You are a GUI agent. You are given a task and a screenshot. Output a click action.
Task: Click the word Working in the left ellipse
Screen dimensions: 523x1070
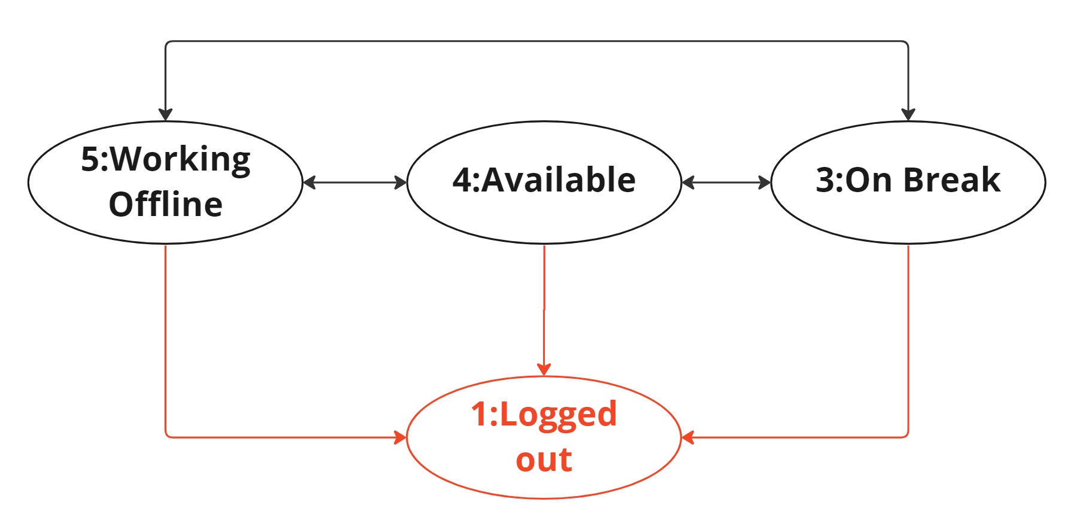[x=181, y=160]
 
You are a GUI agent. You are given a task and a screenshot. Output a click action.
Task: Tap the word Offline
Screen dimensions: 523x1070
[x=166, y=205]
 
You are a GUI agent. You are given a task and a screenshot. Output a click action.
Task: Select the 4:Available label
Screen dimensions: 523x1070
[x=544, y=180]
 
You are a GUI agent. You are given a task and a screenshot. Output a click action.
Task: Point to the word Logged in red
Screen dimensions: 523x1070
[x=558, y=415]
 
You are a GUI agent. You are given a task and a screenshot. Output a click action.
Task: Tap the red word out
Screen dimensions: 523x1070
[x=544, y=460]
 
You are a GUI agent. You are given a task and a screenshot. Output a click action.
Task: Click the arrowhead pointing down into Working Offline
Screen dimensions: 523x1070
[x=165, y=114]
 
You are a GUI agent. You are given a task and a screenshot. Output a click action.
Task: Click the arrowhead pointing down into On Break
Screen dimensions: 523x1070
[x=908, y=114]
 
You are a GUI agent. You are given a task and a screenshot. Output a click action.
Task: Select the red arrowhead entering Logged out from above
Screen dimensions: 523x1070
[x=544, y=369]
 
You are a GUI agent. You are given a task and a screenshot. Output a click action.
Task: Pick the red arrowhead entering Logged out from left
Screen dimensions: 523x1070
[x=400, y=437]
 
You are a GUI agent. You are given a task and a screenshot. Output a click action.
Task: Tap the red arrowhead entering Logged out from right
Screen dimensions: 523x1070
[x=688, y=437]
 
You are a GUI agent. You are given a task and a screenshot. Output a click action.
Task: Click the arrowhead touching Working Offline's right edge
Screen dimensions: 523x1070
[x=310, y=183]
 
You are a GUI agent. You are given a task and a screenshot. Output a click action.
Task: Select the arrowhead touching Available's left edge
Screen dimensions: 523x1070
[x=401, y=183]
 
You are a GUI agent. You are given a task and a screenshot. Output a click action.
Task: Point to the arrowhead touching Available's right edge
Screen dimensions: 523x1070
[x=688, y=183]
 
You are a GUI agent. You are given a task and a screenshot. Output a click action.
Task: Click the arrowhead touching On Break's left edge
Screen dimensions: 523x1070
[x=765, y=183]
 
